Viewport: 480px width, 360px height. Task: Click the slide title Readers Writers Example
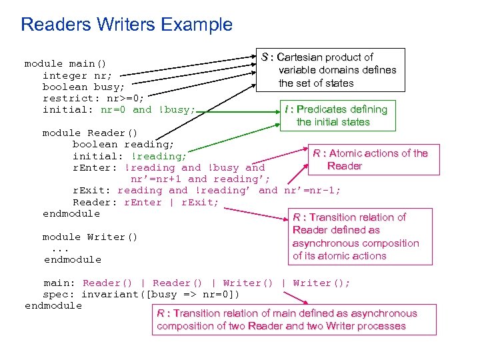(127, 25)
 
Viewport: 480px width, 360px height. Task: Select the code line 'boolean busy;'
(83, 87)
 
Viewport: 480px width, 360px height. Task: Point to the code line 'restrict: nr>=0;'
(93, 98)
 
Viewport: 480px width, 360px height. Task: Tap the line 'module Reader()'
(89, 133)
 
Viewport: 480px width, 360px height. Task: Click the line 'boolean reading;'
(123, 144)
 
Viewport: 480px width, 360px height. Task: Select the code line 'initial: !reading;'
(129, 156)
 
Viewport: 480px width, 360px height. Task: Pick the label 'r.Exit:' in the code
(91, 190)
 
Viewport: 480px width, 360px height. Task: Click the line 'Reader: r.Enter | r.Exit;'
(145, 202)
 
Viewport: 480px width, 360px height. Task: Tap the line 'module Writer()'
(90, 237)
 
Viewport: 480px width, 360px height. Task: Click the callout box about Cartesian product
(331, 70)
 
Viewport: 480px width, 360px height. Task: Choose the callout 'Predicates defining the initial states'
(335, 115)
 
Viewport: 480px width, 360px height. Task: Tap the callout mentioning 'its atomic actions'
(355, 237)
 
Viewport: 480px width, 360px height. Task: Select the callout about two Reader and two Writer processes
(287, 319)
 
